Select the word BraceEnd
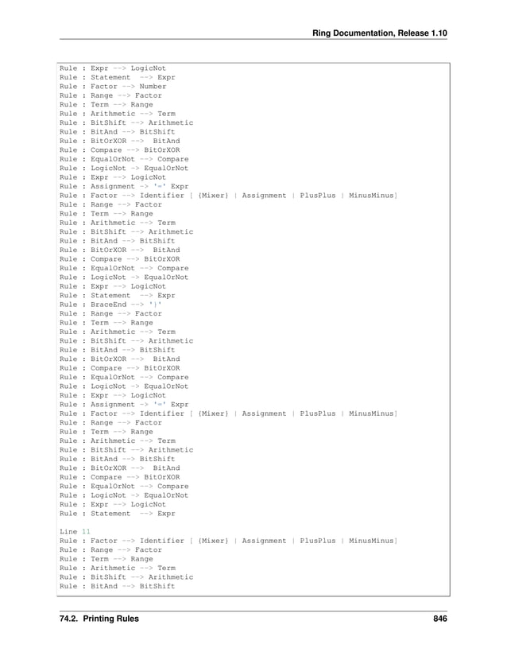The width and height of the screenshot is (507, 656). [109, 305]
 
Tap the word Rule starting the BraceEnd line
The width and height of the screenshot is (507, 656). [68, 305]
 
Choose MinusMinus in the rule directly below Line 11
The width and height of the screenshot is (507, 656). [373, 541]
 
